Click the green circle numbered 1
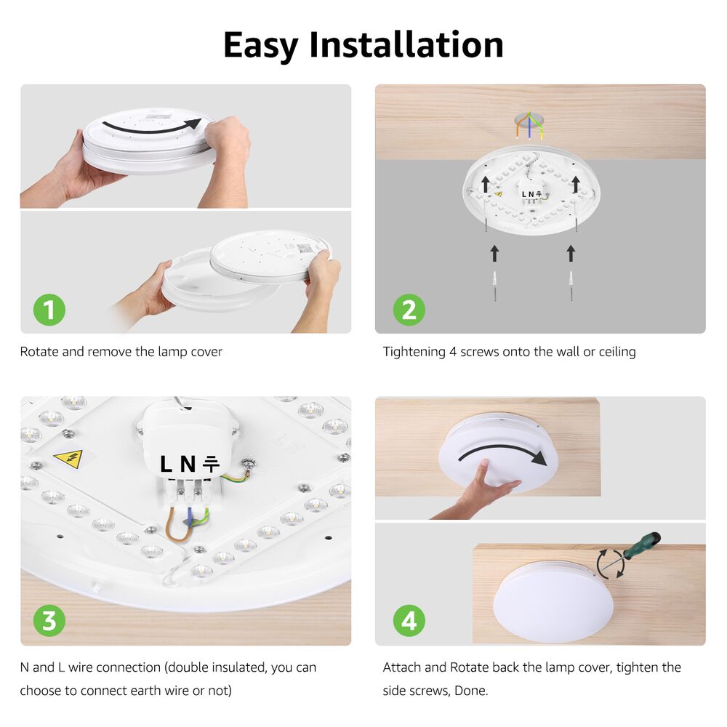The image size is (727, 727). pos(49,309)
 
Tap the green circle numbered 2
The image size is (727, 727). pos(409,309)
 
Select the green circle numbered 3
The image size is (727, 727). pos(49,620)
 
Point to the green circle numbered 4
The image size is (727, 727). pos(409,620)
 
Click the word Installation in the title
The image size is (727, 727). pos(406,44)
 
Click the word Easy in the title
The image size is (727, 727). pos(260,46)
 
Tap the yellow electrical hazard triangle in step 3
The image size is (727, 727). pos(69,459)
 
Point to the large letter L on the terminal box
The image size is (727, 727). pos(166,464)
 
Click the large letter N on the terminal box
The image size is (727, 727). pos(188,464)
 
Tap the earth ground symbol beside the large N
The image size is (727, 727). pos(211,464)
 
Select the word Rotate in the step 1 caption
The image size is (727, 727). pos(39,351)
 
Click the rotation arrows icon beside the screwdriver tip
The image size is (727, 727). pos(610,564)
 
